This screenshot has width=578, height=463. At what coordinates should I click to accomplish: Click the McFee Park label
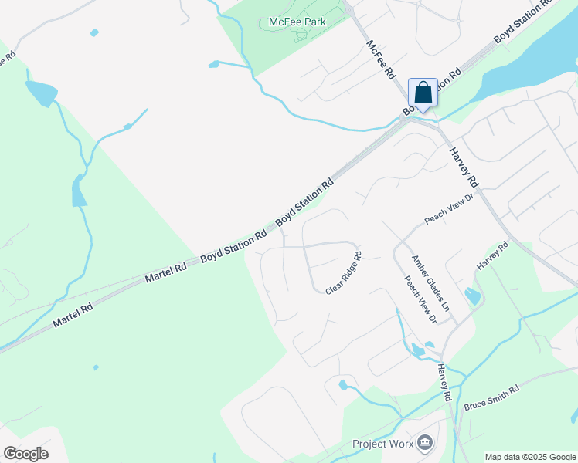click(297, 22)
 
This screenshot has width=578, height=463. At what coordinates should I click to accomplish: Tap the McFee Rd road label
click(380, 59)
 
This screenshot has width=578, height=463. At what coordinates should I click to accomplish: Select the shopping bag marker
click(423, 94)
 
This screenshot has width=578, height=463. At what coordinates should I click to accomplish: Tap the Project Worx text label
click(382, 444)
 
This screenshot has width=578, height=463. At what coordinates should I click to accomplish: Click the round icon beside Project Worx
click(423, 443)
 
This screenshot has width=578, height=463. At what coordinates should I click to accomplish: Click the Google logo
click(25, 453)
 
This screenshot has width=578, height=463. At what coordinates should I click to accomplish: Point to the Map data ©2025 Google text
click(530, 457)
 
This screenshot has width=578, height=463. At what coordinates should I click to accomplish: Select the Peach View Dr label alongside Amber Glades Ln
click(421, 297)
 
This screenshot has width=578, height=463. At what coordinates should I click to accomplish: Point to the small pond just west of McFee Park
click(213, 64)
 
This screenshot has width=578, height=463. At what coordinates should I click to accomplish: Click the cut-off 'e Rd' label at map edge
click(7, 59)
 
